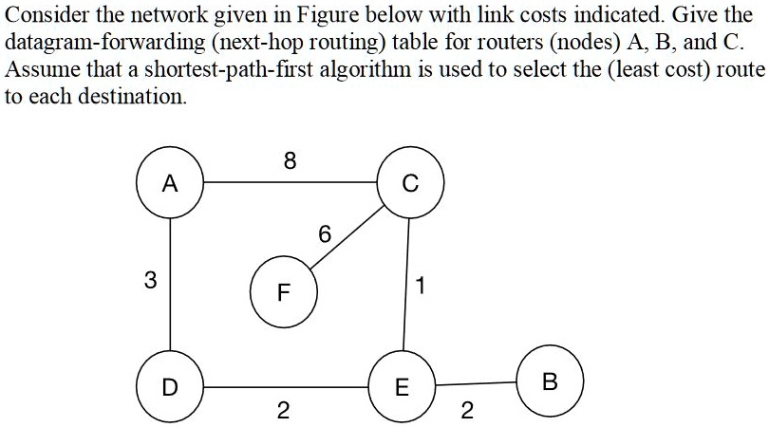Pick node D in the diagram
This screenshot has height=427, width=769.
pyautogui.click(x=169, y=387)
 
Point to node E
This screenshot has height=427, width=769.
pyautogui.click(x=402, y=387)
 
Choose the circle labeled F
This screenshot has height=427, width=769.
pyautogui.click(x=282, y=291)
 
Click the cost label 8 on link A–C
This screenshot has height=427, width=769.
pyautogui.click(x=290, y=162)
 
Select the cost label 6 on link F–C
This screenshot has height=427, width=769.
pyautogui.click(x=326, y=234)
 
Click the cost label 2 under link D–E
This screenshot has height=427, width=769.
pyautogui.click(x=281, y=412)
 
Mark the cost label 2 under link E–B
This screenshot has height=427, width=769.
pyautogui.click(x=465, y=412)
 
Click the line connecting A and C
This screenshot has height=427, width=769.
pyautogui.click(x=290, y=182)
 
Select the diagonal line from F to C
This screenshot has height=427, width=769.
pyautogui.click(x=347, y=243)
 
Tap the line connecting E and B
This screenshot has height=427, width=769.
pyautogui.click(x=475, y=384)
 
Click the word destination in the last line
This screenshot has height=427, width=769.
pyautogui.click(x=135, y=97)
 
